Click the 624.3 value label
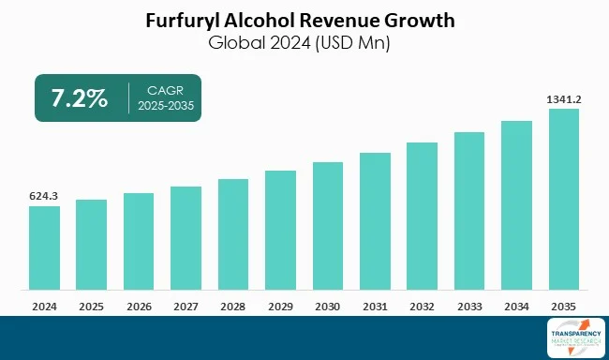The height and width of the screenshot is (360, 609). tap(44, 196)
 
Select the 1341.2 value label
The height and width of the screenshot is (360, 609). tap(563, 98)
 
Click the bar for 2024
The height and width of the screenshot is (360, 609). tap(44, 247)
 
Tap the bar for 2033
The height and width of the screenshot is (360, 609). tap(469, 210)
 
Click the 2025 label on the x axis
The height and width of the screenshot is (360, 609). tap(91, 305)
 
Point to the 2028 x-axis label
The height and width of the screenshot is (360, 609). tap(232, 305)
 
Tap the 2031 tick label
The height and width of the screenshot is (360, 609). tap(375, 305)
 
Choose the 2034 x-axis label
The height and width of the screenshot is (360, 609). tap(516, 305)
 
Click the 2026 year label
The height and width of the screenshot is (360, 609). tap(138, 305)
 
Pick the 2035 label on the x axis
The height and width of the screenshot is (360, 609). tap(563, 305)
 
